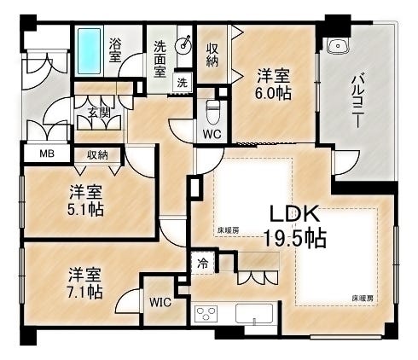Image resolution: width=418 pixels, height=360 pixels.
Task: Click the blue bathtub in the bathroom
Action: pyautogui.click(x=89, y=50)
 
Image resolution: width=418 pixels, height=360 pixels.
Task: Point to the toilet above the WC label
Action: pyautogui.click(x=212, y=111)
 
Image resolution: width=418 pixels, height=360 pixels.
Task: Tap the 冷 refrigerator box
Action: pyautogui.click(x=203, y=263)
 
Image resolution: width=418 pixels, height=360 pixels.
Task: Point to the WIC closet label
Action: pyautogui.click(x=161, y=302)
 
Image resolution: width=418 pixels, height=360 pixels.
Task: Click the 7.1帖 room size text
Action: pyautogui.click(x=86, y=293)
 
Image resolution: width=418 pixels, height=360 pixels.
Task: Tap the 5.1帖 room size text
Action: pyautogui.click(x=86, y=208)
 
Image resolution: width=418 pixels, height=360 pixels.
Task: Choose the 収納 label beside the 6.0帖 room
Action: pyautogui.click(x=213, y=55)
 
